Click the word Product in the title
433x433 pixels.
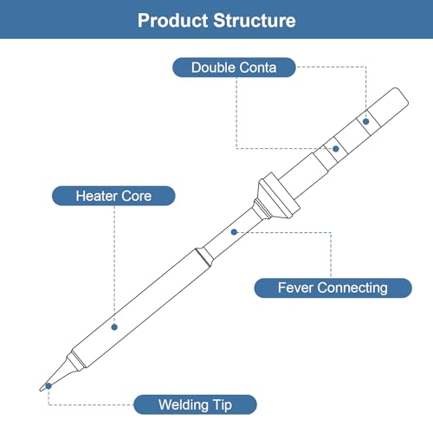172,21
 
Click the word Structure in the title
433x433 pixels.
255,21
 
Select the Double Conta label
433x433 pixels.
234,68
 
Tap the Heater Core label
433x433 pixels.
113,196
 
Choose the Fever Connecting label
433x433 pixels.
333,288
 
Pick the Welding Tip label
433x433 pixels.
195,404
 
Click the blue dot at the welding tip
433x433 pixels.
48,386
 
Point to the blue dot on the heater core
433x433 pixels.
114,327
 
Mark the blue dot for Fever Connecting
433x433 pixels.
234,232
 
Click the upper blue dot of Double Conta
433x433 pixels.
366,121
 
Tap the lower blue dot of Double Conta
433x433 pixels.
335,149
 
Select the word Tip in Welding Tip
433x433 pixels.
223,405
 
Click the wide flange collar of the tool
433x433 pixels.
278,195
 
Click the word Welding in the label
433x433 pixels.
184,405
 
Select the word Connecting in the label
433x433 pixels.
353,288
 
